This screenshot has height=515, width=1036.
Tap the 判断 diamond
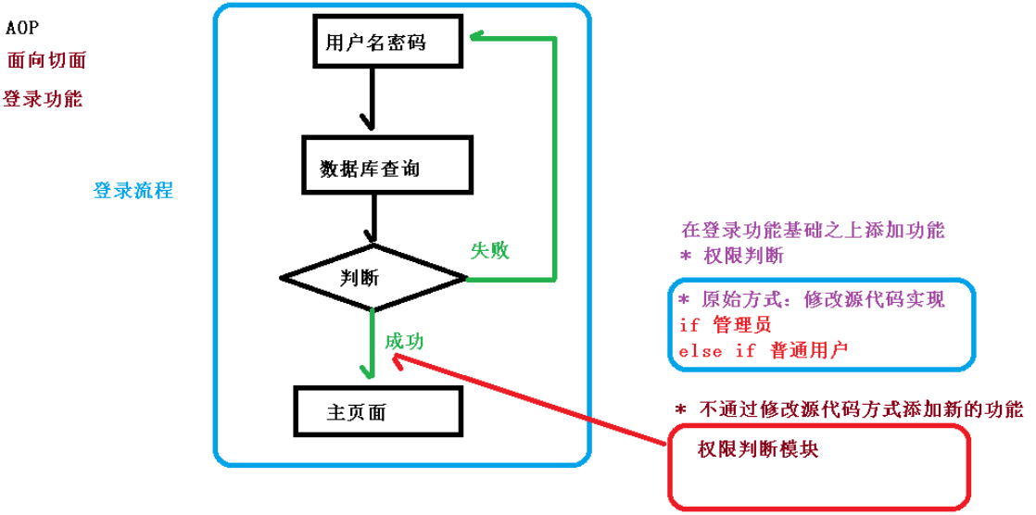click(x=373, y=277)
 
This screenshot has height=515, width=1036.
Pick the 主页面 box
click(x=378, y=411)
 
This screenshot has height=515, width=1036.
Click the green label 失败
click(x=490, y=250)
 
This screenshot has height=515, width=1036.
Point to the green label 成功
click(x=404, y=341)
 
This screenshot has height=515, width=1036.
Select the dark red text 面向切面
click(x=46, y=61)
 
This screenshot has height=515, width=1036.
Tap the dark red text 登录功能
click(x=44, y=99)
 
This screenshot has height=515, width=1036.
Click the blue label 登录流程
click(x=133, y=191)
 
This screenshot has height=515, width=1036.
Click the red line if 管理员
click(x=725, y=325)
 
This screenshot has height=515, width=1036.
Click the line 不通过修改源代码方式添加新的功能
click(x=849, y=409)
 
